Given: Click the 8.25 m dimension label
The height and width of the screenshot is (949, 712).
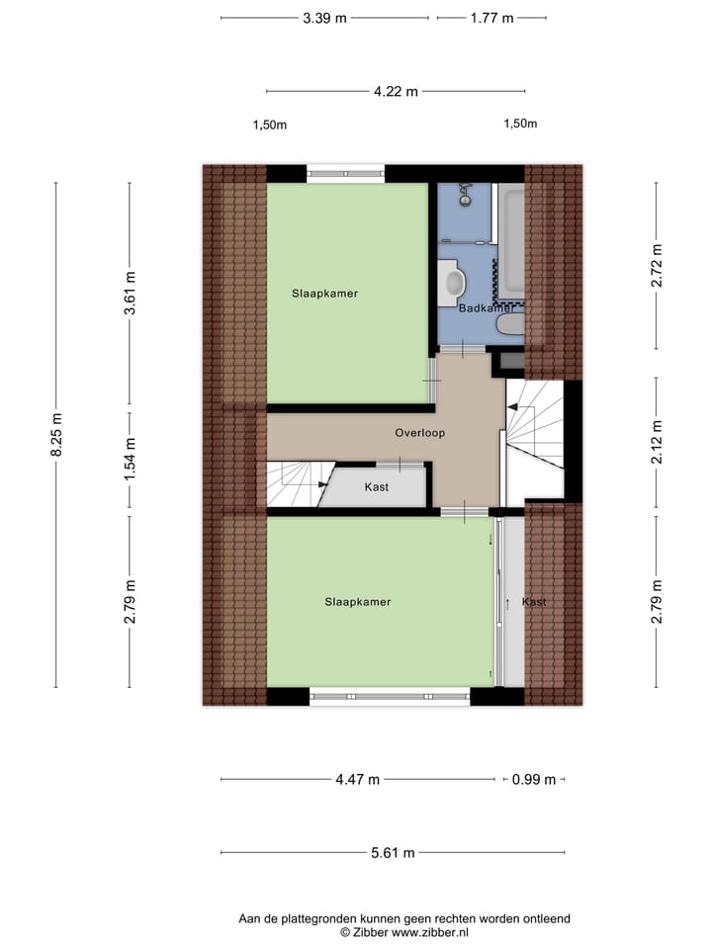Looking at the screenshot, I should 56,435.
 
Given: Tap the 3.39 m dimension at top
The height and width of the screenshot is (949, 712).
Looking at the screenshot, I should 325,18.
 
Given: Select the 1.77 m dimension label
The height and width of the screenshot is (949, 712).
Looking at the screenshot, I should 491,18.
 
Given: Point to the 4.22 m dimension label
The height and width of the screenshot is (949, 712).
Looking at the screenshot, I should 396,92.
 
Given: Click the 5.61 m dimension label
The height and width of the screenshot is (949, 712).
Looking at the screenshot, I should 394,853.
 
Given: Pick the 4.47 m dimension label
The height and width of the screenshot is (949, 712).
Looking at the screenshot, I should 357,779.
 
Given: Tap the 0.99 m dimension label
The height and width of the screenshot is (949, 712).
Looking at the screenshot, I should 534,779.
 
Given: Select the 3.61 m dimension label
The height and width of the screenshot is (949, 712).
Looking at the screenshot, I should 129,294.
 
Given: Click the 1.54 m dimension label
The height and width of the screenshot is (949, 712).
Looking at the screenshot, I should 129,461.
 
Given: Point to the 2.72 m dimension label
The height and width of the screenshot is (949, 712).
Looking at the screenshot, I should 656,265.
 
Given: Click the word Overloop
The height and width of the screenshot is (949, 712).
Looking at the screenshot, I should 420,433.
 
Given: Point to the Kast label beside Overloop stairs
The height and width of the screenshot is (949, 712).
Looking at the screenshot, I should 377,487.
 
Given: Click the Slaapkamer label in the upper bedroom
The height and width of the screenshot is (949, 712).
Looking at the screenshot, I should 324,294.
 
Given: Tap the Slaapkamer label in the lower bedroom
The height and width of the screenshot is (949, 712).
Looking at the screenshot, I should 358,602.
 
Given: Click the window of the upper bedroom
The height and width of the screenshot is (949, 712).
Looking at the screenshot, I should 344,173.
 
